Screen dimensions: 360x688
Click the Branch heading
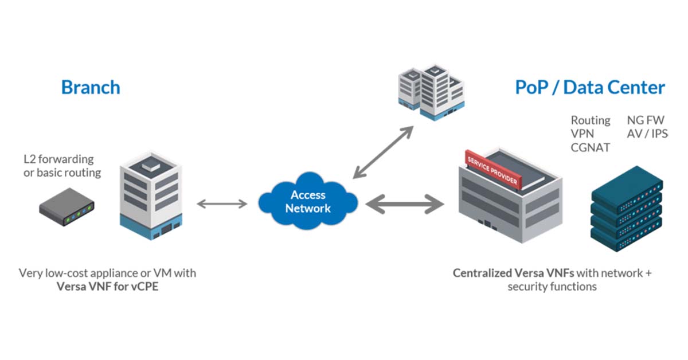coord(91,87)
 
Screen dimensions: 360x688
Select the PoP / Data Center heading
coord(590,87)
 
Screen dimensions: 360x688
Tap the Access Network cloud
coord(308,202)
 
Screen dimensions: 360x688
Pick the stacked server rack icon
coord(627,210)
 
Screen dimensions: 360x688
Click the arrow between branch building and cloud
coord(222,204)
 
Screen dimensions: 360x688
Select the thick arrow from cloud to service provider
coord(404,204)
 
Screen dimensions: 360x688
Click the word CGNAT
coord(590,147)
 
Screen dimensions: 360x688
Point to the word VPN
coord(582,134)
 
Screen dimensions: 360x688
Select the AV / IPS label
coord(648,134)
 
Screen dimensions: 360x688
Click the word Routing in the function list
coord(590,120)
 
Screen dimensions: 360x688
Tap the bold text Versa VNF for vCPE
coord(107,287)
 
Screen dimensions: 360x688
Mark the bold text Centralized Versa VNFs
coord(514,273)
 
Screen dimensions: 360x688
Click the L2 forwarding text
coord(58,159)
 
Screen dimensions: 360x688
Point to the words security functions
coord(552,287)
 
